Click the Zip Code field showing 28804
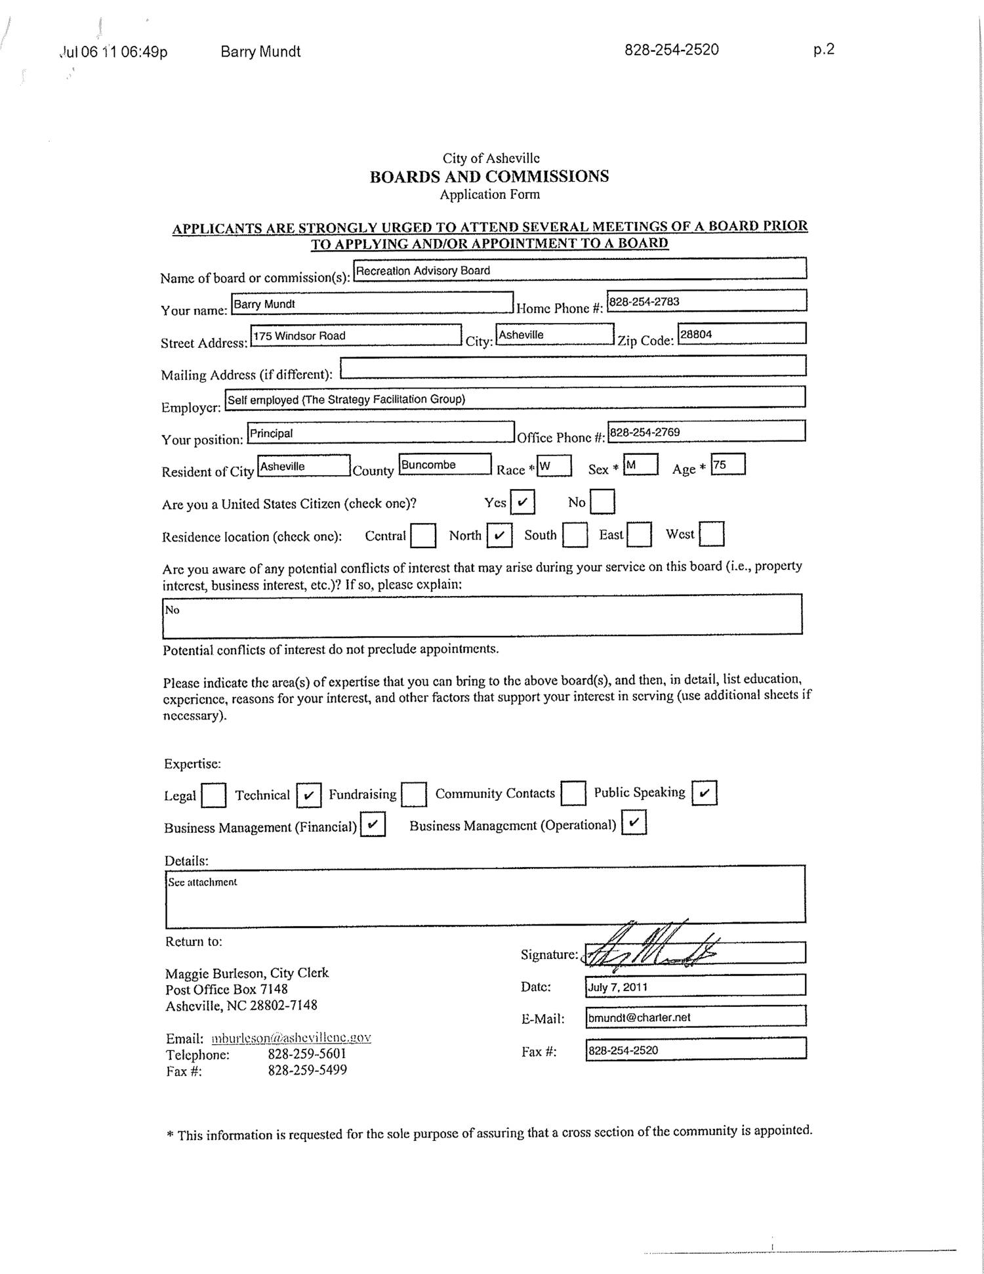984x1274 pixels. click(x=741, y=333)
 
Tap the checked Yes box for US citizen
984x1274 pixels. click(x=522, y=503)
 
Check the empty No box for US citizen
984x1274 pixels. click(x=602, y=503)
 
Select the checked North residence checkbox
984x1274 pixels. click(x=499, y=535)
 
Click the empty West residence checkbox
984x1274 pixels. click(x=712, y=534)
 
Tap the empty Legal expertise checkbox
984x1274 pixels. click(x=213, y=796)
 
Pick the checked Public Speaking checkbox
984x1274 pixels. click(x=704, y=793)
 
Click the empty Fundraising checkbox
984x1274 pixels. click(x=414, y=794)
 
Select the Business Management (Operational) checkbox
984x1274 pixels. click(x=634, y=822)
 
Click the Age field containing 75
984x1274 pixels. click(x=728, y=465)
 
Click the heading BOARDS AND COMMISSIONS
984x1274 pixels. click(x=489, y=177)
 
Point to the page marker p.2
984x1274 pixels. click(x=823, y=49)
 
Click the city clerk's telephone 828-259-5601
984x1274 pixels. click(x=307, y=1054)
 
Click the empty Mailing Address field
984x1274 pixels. click(x=573, y=366)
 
